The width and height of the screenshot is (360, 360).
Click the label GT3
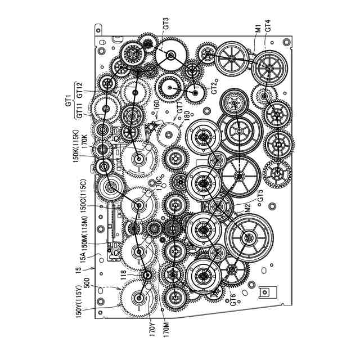click(166, 24)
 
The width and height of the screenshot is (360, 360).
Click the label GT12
click(79, 89)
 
